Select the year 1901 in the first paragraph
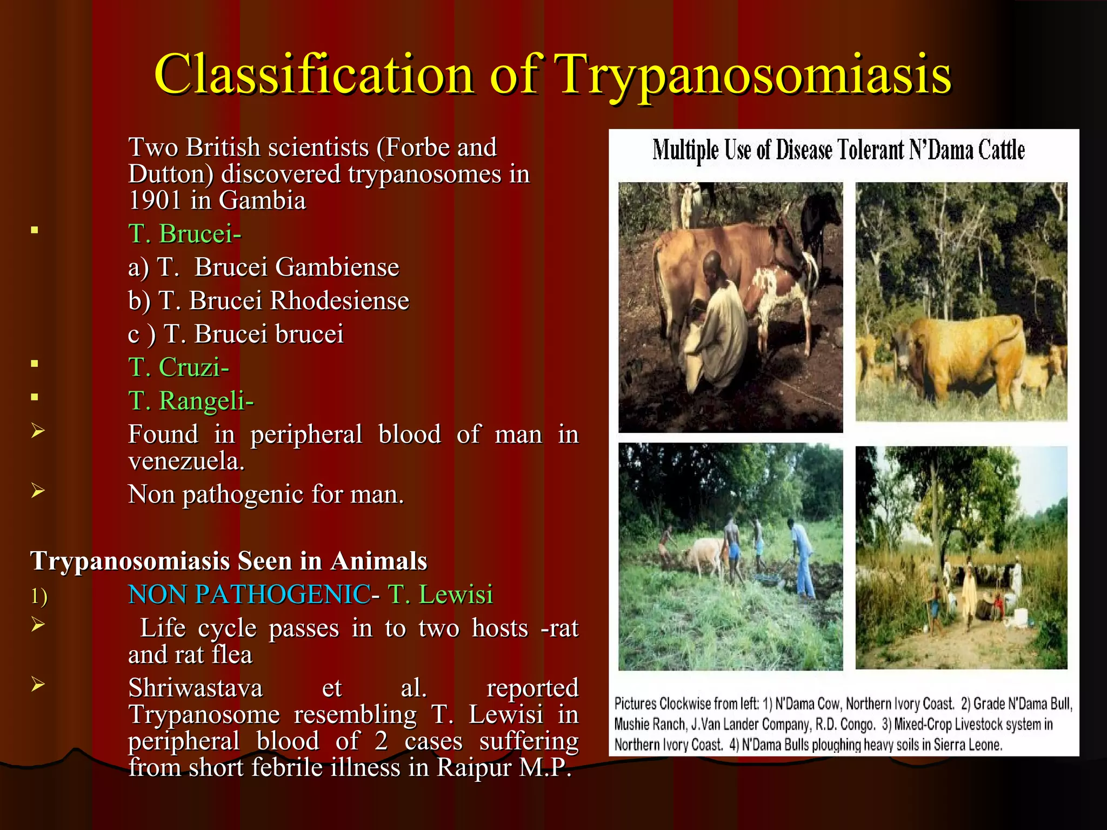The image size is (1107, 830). pyautogui.click(x=155, y=200)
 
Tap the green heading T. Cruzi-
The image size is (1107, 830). pyautogui.click(x=178, y=367)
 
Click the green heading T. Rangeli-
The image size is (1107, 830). pyautogui.click(x=190, y=401)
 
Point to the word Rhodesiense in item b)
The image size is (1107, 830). pyautogui.click(x=339, y=300)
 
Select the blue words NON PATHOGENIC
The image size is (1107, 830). pyautogui.click(x=249, y=594)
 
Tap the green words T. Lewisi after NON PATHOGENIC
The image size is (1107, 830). pyautogui.click(x=440, y=594)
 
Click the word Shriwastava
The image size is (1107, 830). pyautogui.click(x=195, y=688)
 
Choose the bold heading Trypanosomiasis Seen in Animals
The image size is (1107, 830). pyautogui.click(x=229, y=561)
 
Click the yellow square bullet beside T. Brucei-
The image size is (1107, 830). pyautogui.click(x=35, y=231)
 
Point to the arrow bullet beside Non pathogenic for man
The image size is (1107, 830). pyautogui.click(x=37, y=491)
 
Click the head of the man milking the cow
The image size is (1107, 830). pyautogui.click(x=713, y=265)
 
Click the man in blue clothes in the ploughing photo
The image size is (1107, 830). pyautogui.click(x=801, y=557)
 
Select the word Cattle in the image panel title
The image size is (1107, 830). pyautogui.click(x=1001, y=150)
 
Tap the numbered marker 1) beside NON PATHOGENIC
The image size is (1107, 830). pyautogui.click(x=38, y=597)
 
